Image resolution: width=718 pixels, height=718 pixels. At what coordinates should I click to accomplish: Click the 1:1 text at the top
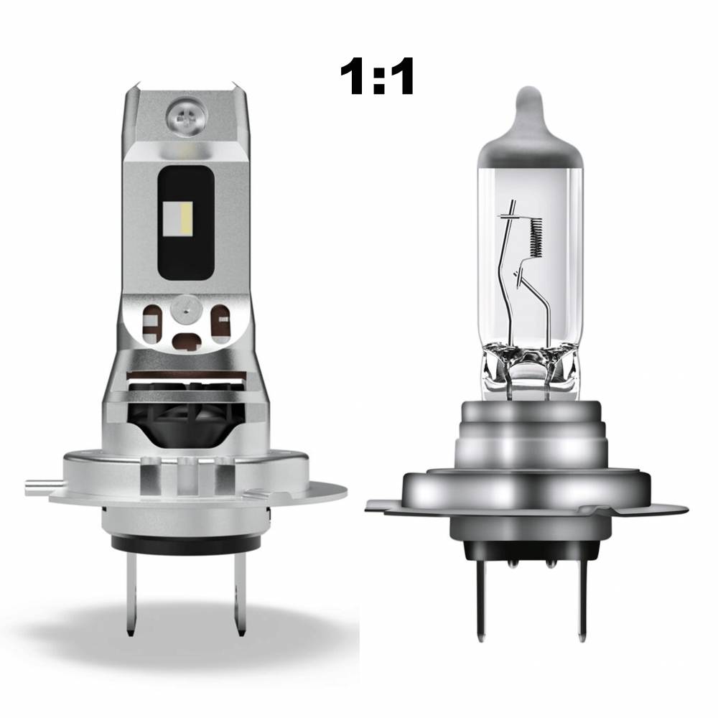point(376,77)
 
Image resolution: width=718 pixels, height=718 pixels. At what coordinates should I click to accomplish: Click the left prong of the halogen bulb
point(480,600)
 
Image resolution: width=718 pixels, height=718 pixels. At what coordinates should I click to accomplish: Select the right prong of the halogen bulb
point(582,600)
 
